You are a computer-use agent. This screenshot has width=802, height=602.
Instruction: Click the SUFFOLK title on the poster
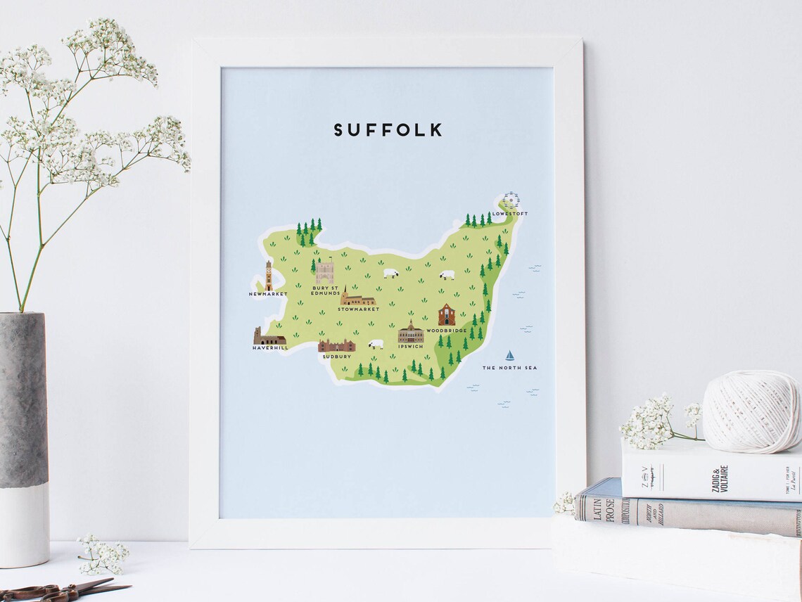point(388,130)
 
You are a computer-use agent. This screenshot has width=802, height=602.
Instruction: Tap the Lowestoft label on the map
point(510,214)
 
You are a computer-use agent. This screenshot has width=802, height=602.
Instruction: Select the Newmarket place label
point(268,294)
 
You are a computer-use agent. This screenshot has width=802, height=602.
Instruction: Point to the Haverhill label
point(270,347)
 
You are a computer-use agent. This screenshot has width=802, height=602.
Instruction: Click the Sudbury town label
point(336,356)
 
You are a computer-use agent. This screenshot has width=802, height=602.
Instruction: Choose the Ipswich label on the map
point(410,346)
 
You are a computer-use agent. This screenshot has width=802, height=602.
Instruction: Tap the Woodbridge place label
point(446,330)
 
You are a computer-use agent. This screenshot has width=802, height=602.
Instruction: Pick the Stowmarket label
point(358,309)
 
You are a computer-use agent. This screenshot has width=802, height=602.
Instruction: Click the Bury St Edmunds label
point(325,290)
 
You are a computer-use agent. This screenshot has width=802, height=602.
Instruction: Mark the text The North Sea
point(509,368)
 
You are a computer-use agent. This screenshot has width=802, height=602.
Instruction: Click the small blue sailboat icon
point(510,356)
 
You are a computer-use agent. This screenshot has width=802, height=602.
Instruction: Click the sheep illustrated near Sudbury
point(376,344)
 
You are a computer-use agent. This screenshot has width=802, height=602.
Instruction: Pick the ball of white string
point(751,412)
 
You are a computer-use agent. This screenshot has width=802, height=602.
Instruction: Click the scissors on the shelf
point(63,591)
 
